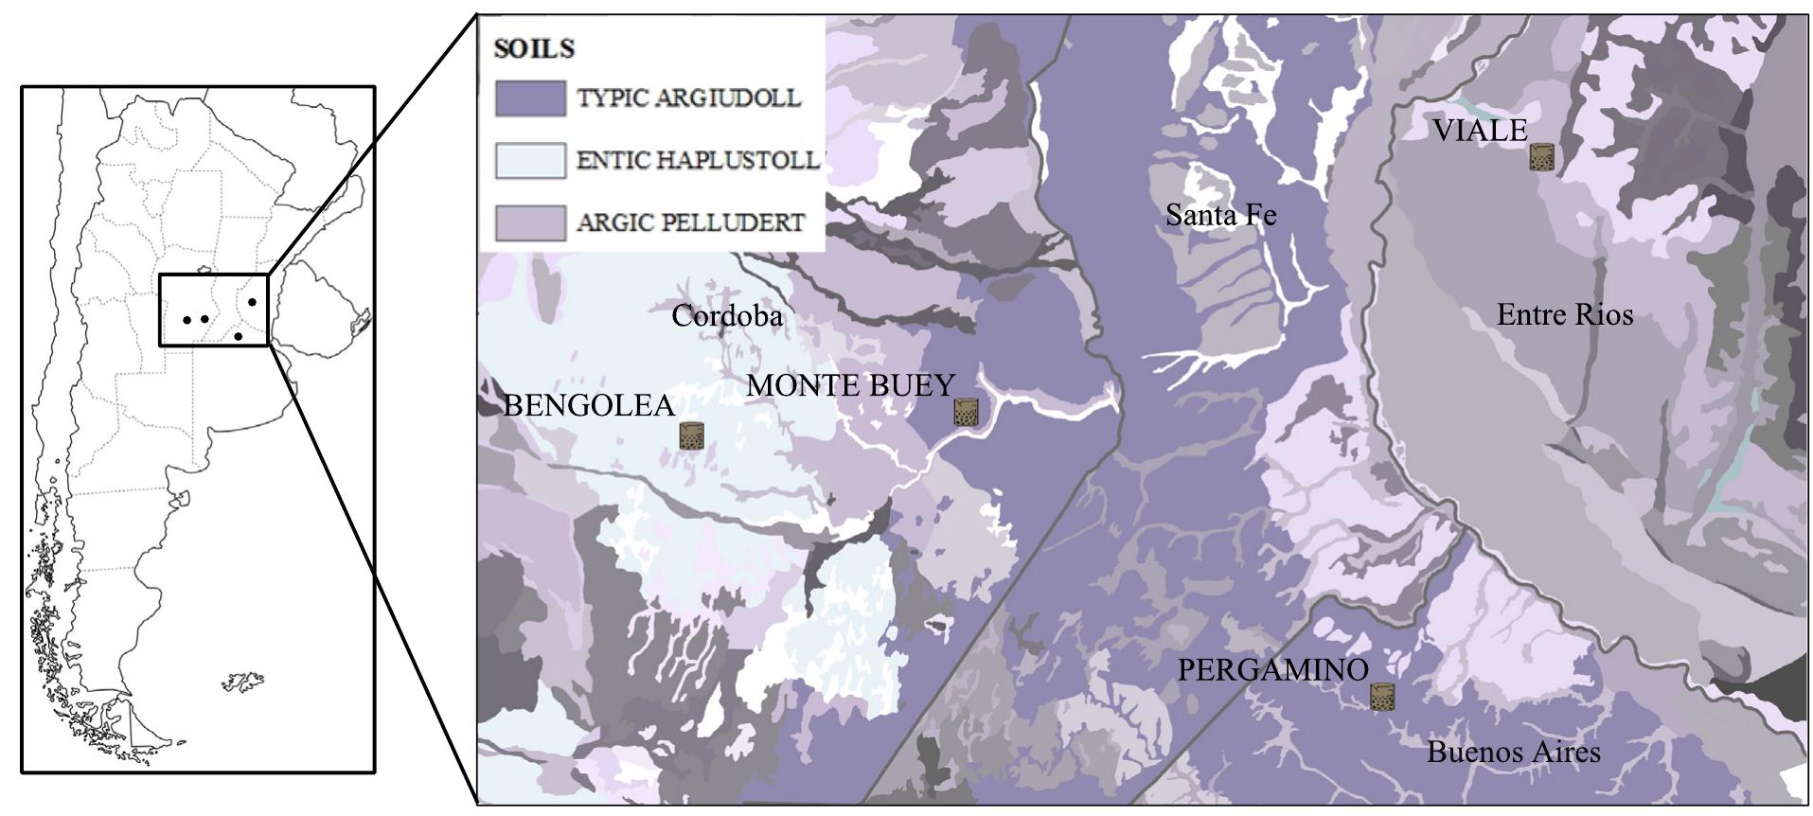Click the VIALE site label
pos(1479,131)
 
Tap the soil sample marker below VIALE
pos(1541,157)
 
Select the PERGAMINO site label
pos(1272,670)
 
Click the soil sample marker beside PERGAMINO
pos(1383,697)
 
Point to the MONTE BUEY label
pos(850,385)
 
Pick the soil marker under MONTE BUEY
pos(965,412)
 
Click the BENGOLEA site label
pos(588,405)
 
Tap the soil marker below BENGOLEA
pos(692,435)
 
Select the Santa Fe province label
pos(1220,215)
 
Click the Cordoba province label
pos(727,315)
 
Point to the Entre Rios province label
pos(1564,314)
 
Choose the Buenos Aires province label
pos(1513,753)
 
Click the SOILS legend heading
pos(534,48)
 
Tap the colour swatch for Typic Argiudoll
pos(530,98)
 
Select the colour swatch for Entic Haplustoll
pos(530,161)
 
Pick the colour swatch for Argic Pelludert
pos(530,223)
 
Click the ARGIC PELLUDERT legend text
pos(690,223)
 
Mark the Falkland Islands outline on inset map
pos(243,682)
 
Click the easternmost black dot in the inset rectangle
pos(252,302)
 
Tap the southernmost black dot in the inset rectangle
pos(238,336)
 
